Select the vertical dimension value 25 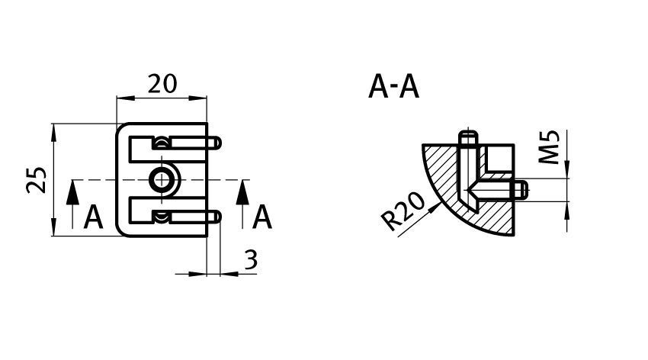pos(37,180)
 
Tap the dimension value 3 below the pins pos(251,260)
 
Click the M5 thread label pos(550,146)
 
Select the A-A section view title pos(393,87)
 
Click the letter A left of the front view pos(93,218)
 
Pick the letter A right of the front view pos(262,218)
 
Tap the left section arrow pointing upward pos(72,204)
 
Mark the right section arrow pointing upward pos(242,204)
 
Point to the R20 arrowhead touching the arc pos(434,207)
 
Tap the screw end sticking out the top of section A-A pos(468,137)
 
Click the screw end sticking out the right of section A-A pos(521,190)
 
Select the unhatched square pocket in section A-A pos(500,158)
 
